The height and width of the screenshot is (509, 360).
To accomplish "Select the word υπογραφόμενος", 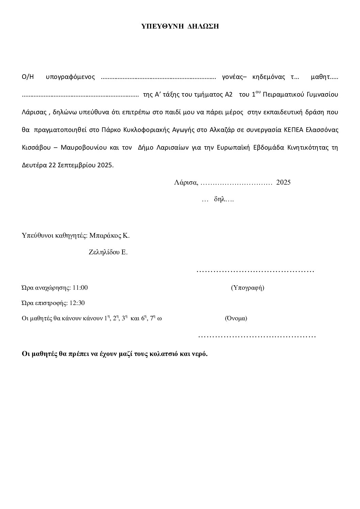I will [70, 77].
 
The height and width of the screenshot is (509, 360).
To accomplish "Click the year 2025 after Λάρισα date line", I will [283, 183].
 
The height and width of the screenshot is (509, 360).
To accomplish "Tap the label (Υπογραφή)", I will [247, 288].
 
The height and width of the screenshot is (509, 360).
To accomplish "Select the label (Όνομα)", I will [236, 319].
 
